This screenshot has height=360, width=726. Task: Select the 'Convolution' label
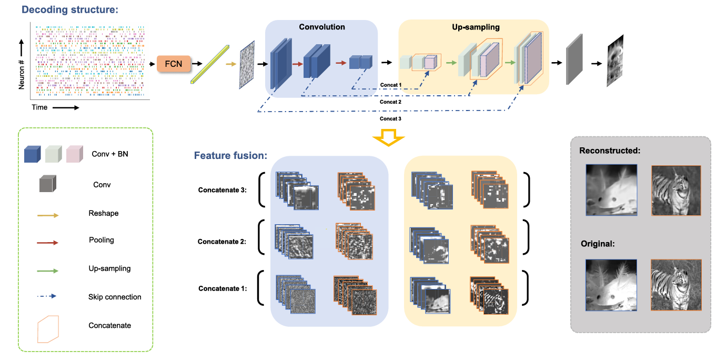[x=322, y=27]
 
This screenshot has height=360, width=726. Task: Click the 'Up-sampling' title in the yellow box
[x=476, y=27]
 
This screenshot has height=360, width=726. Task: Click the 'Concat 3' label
[x=390, y=119]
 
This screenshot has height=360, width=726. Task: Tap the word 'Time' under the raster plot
[x=39, y=107]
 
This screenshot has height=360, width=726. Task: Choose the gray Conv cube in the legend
[x=48, y=185]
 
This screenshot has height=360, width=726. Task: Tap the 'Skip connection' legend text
[x=115, y=297]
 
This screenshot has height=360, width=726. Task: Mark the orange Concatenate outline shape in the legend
[x=47, y=326]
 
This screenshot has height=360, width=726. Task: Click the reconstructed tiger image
[x=676, y=191]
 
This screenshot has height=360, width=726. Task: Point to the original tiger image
[x=676, y=285]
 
